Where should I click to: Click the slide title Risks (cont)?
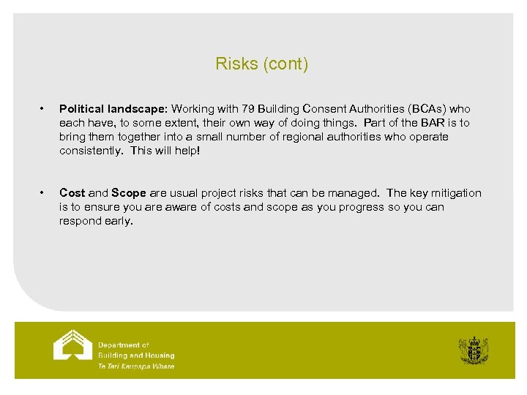pos(262,64)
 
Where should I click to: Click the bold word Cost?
pos(72,193)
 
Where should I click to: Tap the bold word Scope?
pos(129,193)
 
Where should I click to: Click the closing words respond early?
pos(96,221)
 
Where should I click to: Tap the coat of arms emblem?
pos(474,351)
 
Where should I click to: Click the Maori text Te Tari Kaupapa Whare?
pos(136,366)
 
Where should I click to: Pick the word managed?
pos(355,193)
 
